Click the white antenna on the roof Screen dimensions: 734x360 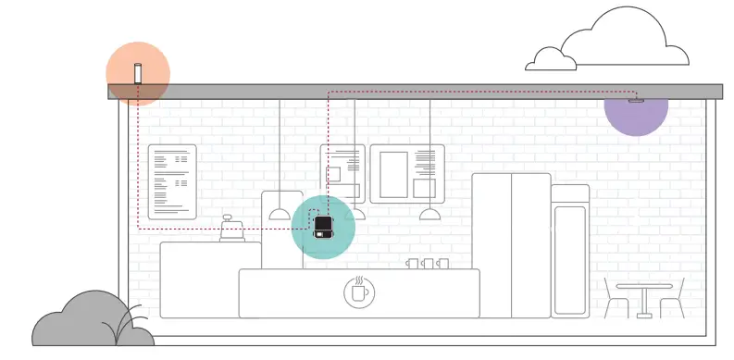click(x=138, y=72)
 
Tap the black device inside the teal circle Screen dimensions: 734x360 click(x=322, y=226)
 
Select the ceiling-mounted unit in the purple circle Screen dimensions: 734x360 click(x=635, y=100)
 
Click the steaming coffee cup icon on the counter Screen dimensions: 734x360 click(x=358, y=291)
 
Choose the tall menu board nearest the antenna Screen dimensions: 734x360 click(x=172, y=181)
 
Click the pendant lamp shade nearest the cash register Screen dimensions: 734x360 click(x=280, y=215)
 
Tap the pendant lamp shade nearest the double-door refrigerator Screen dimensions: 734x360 click(x=429, y=215)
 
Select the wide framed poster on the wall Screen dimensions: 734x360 click(x=407, y=173)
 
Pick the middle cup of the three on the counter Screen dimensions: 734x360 click(x=428, y=264)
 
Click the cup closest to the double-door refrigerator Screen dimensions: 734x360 click(x=442, y=264)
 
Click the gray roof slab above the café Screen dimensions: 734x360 click(x=417, y=90)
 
